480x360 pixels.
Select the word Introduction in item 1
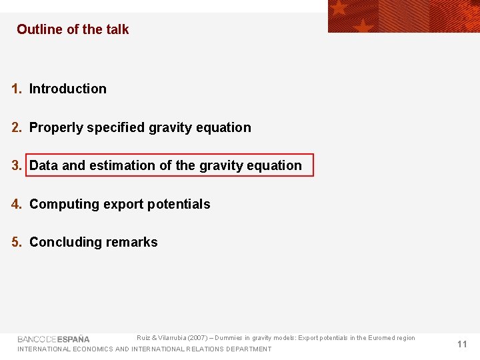(67, 89)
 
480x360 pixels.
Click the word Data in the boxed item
(44, 165)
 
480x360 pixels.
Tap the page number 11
(462, 344)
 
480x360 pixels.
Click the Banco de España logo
(53, 339)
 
